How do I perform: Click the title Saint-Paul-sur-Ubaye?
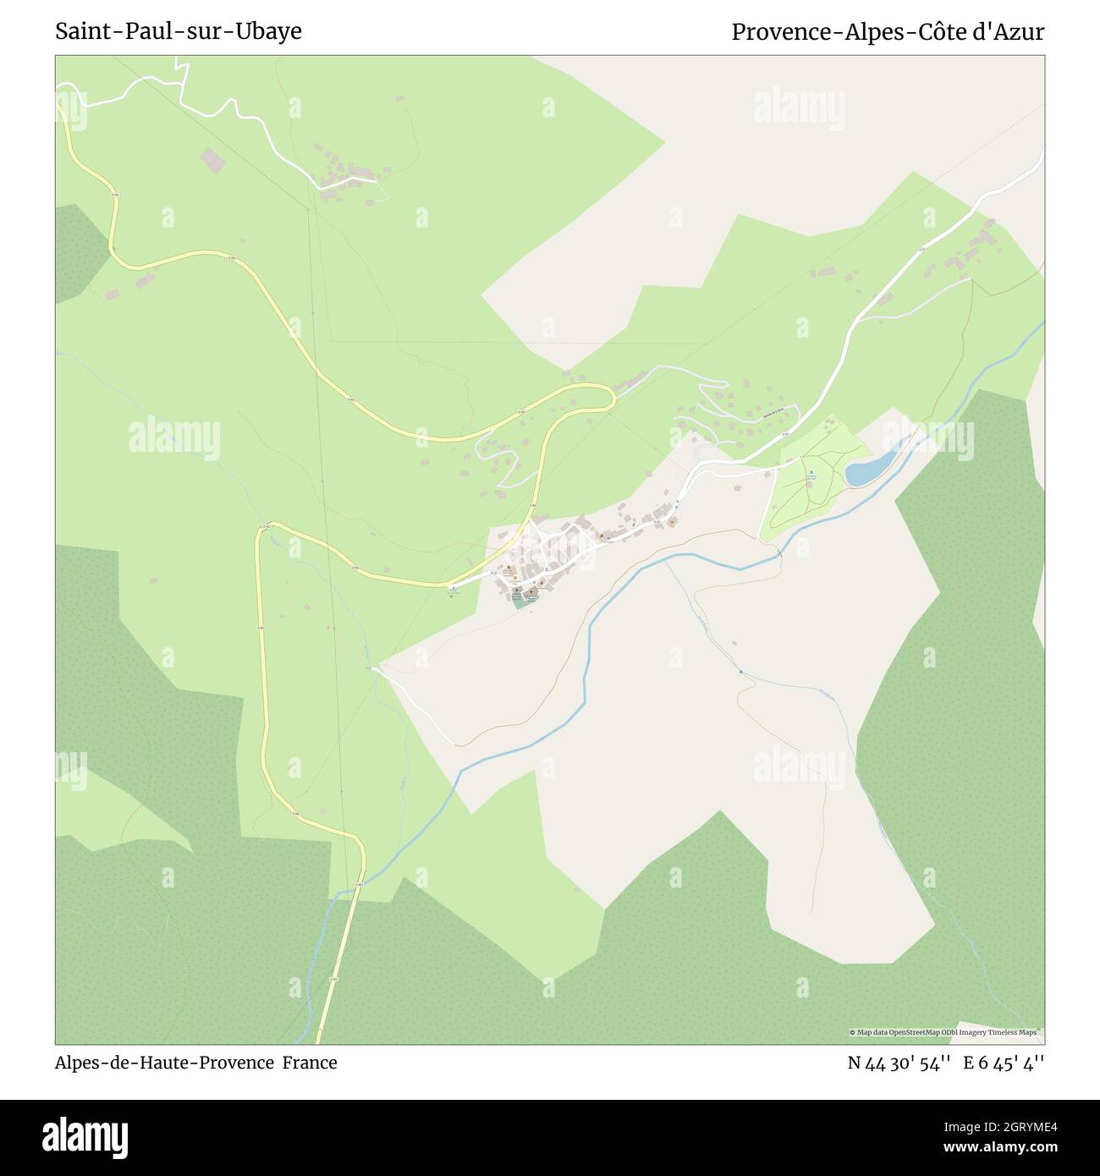point(179,31)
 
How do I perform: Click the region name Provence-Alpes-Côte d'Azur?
point(888,32)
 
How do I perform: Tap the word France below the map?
point(311,1063)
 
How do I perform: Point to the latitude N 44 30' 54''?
point(900,1063)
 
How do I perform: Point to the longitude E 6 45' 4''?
point(1004,1063)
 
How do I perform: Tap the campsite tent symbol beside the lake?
point(811,471)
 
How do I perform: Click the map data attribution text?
point(946,1032)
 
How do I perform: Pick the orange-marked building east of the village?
point(673,522)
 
